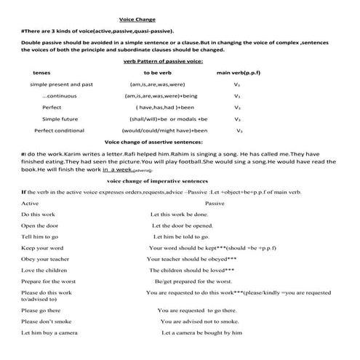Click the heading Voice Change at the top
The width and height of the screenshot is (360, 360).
pos(137,20)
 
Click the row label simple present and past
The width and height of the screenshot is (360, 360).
pos(61,84)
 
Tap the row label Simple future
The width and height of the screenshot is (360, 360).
pos(60,119)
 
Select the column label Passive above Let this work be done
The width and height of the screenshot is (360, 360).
pos(215,203)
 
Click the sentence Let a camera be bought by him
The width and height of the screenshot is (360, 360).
pos(201,332)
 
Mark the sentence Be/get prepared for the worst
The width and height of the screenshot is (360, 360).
pos(193,280)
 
